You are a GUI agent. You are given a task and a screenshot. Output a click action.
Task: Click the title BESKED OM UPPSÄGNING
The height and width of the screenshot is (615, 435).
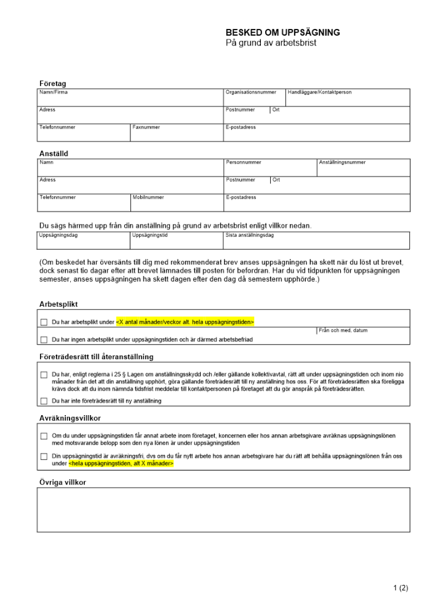(282, 33)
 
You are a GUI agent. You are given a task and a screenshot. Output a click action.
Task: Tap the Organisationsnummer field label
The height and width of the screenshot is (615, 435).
(250, 92)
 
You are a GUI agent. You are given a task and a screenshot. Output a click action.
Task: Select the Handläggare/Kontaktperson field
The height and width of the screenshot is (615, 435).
(348, 98)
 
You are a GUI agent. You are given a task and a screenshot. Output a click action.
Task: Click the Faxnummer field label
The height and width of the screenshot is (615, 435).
(146, 127)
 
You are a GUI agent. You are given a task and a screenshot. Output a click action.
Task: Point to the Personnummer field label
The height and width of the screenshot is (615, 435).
(244, 162)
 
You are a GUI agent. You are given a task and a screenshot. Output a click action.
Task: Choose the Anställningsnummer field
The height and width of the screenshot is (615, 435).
(364, 168)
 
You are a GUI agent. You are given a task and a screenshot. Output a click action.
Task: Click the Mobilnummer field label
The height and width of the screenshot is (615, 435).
(148, 197)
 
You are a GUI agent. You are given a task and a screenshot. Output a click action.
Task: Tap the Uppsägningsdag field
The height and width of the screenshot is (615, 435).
(84, 240)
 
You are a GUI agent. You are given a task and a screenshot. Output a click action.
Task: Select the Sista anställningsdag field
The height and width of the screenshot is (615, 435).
(316, 240)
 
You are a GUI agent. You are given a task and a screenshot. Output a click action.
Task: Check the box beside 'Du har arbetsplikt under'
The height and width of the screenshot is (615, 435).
(44, 322)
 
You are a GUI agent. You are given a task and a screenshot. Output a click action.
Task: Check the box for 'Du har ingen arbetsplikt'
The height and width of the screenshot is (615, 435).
(44, 339)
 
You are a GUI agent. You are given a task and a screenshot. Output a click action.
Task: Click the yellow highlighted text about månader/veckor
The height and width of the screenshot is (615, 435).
(185, 322)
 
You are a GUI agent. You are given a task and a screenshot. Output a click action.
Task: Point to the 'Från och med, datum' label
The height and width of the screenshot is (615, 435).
(343, 330)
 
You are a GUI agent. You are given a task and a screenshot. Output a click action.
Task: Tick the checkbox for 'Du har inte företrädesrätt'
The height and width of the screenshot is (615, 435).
(44, 401)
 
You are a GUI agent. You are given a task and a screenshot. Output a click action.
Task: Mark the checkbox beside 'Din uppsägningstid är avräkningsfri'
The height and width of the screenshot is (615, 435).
(44, 456)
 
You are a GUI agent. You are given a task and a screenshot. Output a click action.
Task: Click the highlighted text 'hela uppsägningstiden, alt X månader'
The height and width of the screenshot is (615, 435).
(121, 464)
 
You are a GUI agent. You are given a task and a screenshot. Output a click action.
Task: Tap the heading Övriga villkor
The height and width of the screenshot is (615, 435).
(63, 482)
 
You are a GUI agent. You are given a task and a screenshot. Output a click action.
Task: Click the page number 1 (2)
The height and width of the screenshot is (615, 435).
(401, 588)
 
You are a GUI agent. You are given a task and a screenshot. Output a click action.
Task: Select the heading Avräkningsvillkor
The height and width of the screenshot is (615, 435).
(70, 418)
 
